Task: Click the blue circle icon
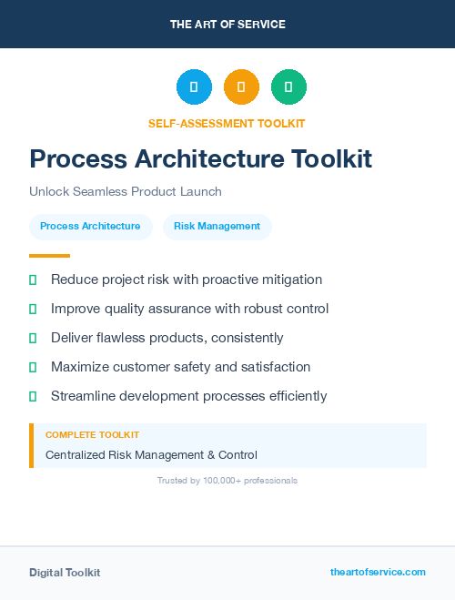click(x=194, y=86)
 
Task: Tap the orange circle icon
click(x=241, y=86)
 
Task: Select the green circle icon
click(x=288, y=86)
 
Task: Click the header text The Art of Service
click(x=227, y=25)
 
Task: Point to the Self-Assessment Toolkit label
click(x=227, y=123)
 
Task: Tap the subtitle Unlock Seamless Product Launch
click(x=126, y=191)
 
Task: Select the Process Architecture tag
click(x=90, y=226)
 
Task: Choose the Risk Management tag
click(x=217, y=226)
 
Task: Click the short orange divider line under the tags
click(x=49, y=256)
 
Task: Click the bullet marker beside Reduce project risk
click(x=33, y=280)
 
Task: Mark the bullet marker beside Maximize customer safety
click(x=33, y=367)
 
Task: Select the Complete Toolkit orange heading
click(x=92, y=435)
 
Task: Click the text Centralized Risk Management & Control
click(x=151, y=454)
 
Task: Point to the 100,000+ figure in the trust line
click(x=220, y=480)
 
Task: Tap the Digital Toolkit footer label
click(x=65, y=572)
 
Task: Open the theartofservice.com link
click(x=378, y=572)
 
